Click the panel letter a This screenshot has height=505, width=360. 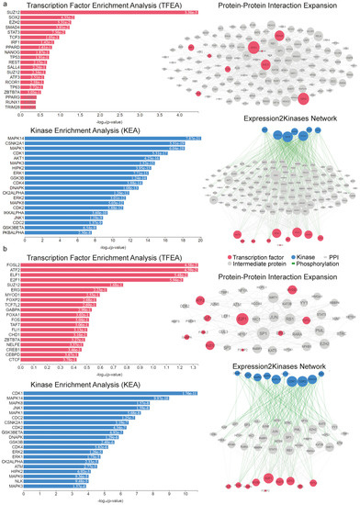5,5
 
